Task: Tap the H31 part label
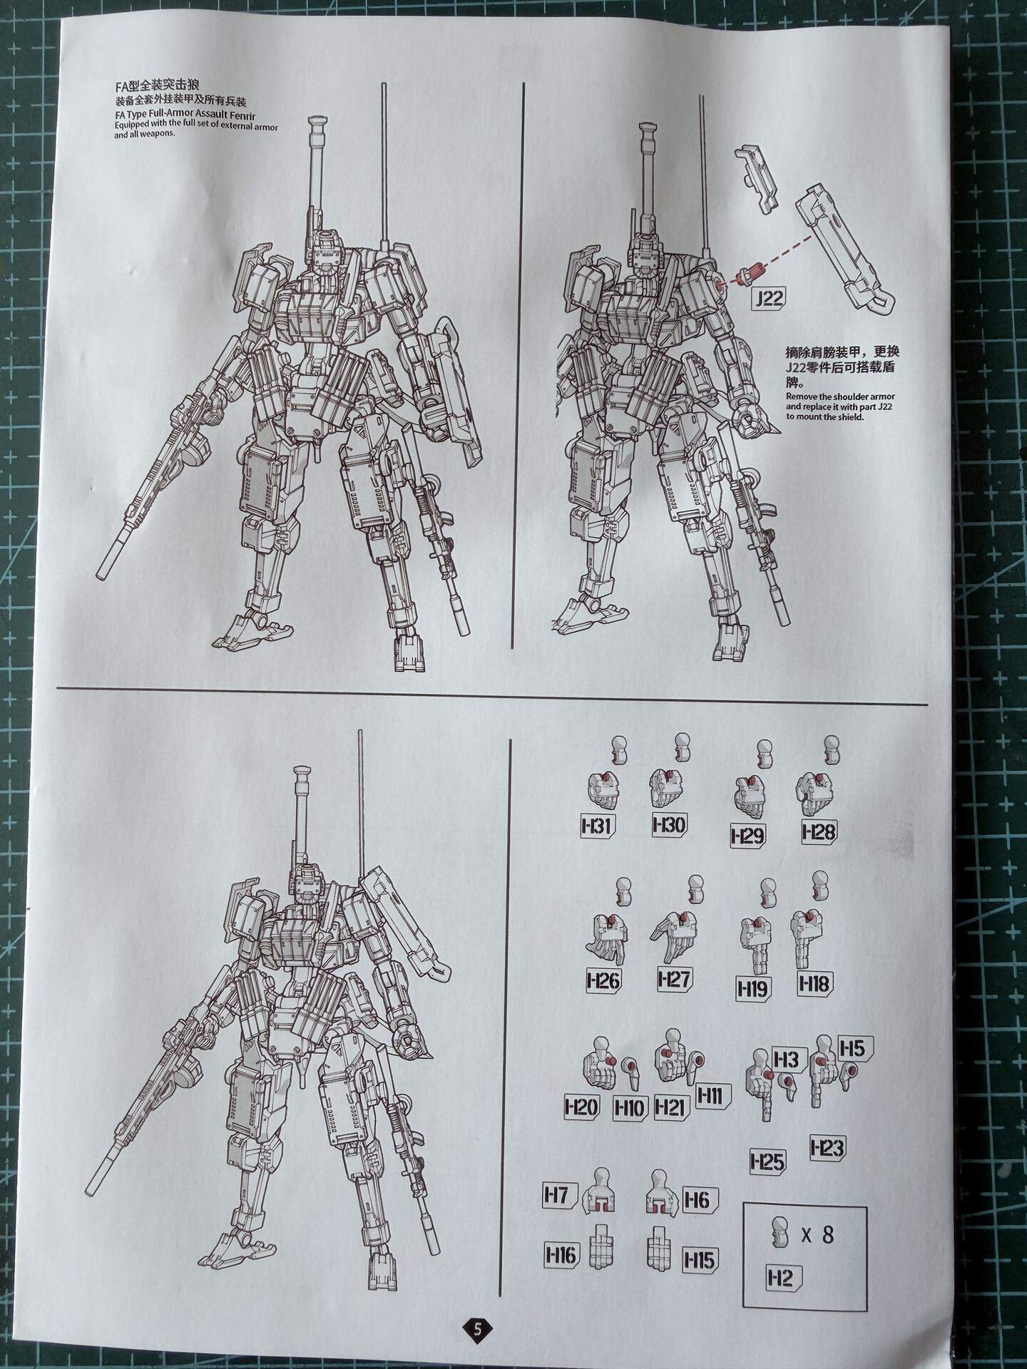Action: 598,826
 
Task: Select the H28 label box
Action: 819,831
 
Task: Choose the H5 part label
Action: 853,1048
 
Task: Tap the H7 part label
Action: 558,1195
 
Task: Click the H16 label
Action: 561,1253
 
